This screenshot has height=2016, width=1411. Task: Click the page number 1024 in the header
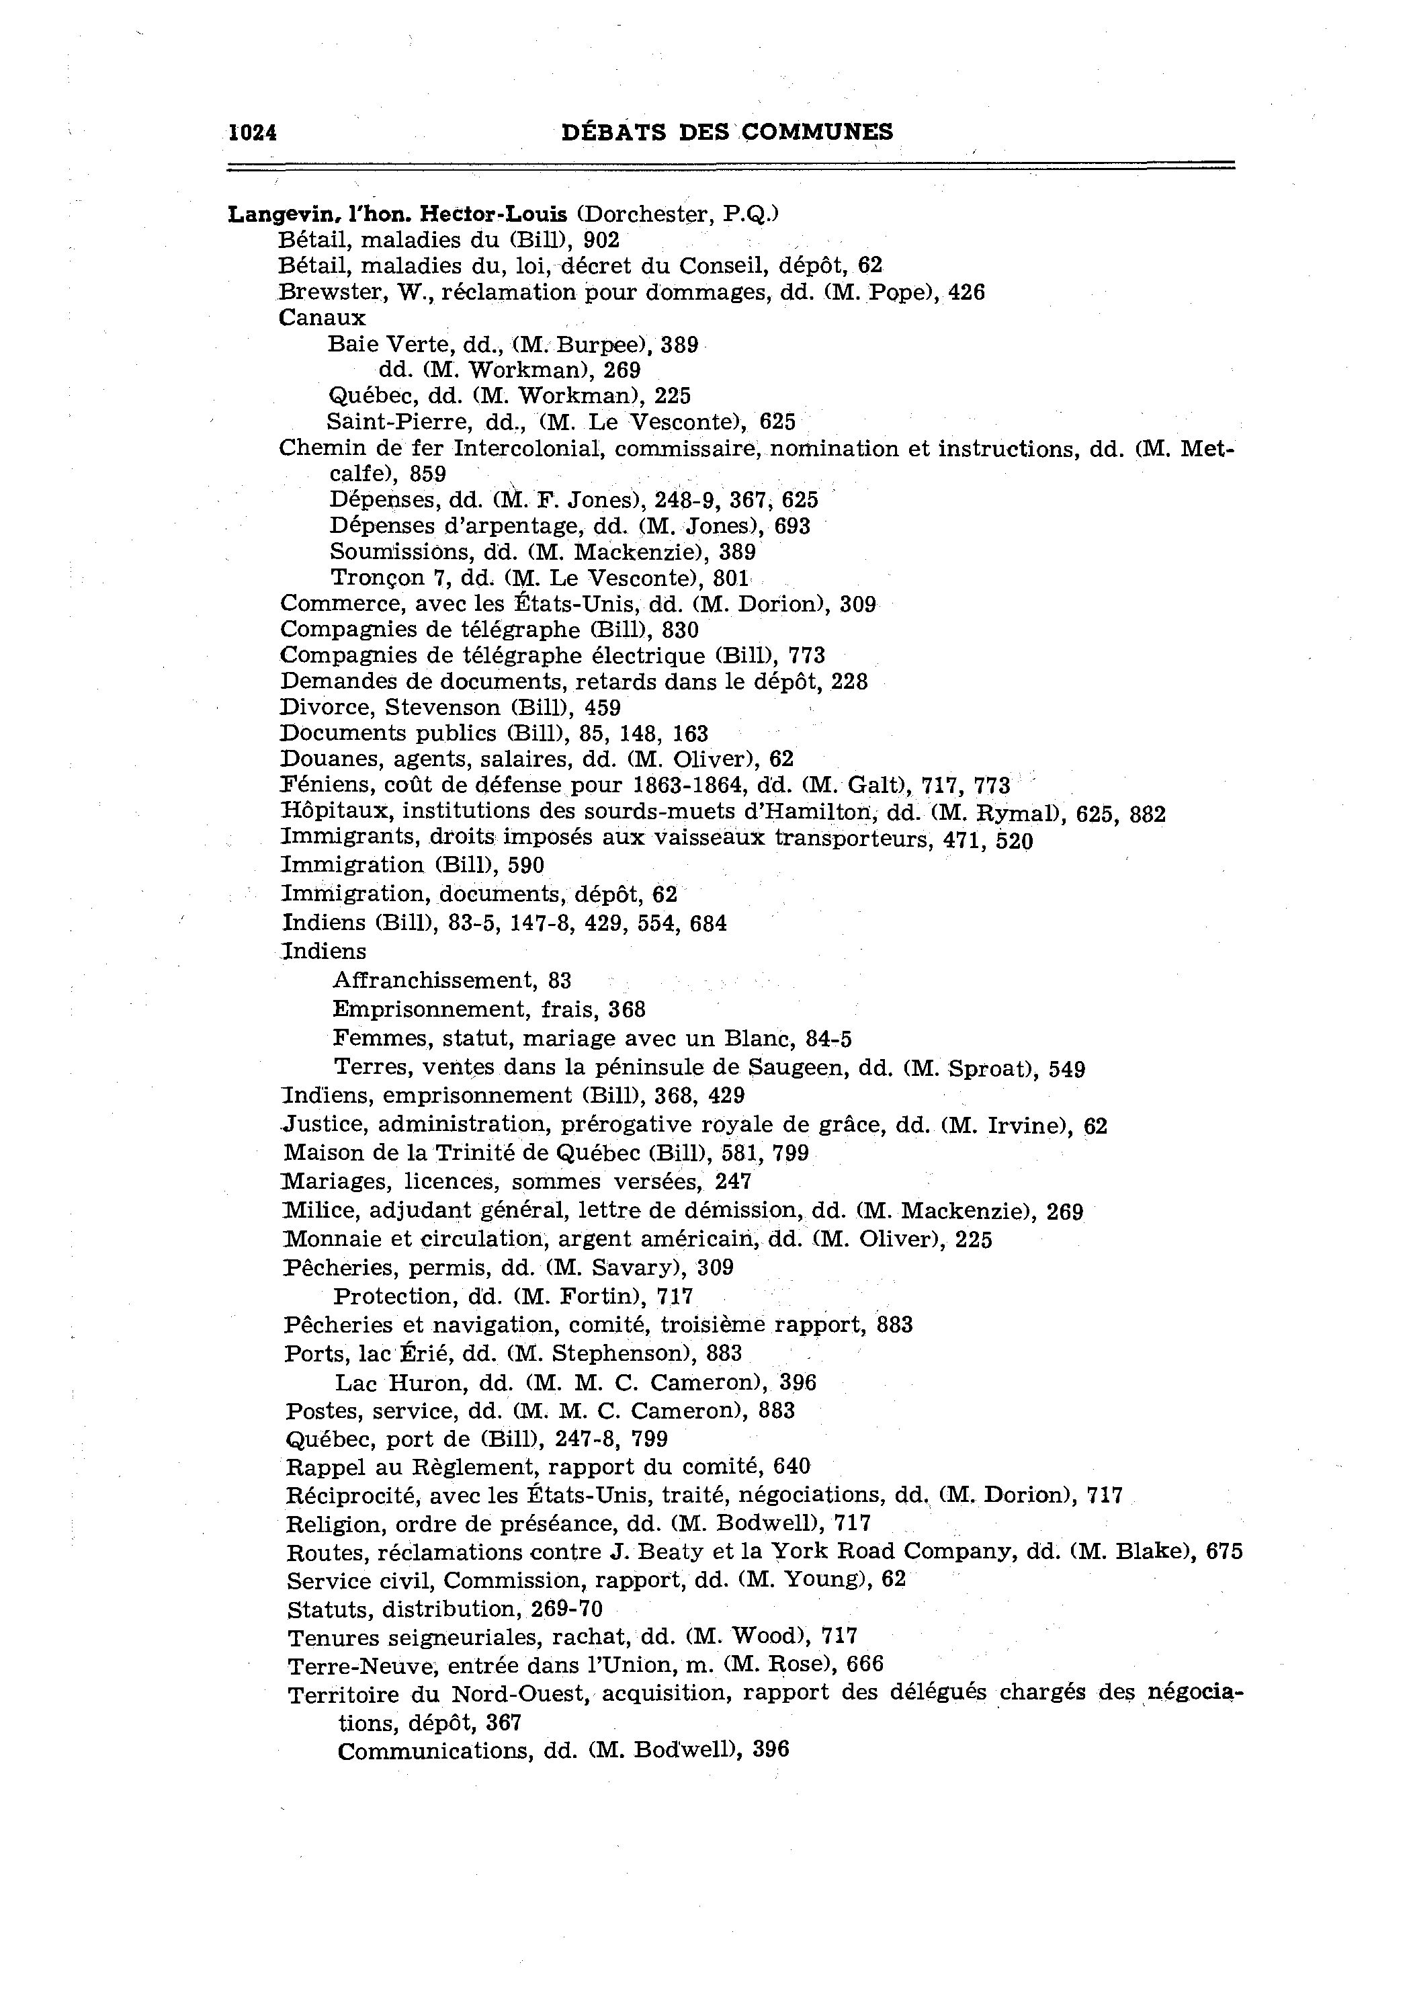(253, 132)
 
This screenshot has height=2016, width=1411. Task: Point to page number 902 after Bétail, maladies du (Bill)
(601, 240)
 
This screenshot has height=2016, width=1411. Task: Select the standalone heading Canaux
(321, 318)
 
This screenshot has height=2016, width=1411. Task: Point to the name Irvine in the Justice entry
(1019, 1126)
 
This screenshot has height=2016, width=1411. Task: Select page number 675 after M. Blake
(1224, 1552)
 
